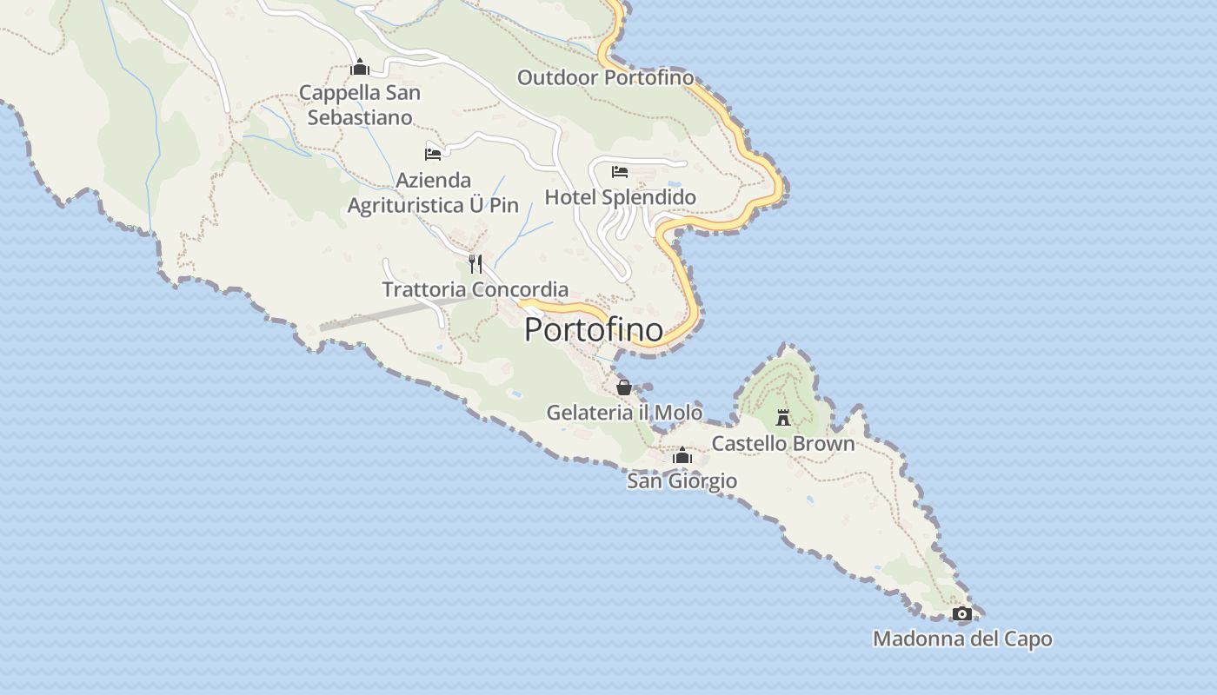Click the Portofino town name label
pyautogui.click(x=594, y=330)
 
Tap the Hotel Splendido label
pyautogui.click(x=620, y=197)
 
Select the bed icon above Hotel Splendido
pyautogui.click(x=620, y=171)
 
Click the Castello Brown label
pyautogui.click(x=783, y=443)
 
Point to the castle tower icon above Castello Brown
pyautogui.click(x=783, y=418)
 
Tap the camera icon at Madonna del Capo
pyautogui.click(x=961, y=614)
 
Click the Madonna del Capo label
pyautogui.click(x=962, y=639)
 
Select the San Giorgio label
pyautogui.click(x=682, y=480)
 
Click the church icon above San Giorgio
pyautogui.click(x=682, y=455)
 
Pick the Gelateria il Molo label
pyautogui.click(x=624, y=412)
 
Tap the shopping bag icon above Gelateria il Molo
pyautogui.click(x=624, y=387)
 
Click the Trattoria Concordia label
pyautogui.click(x=475, y=289)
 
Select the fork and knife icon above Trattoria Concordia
pyautogui.click(x=475, y=263)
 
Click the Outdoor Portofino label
pyautogui.click(x=606, y=77)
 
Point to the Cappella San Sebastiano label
pyautogui.click(x=360, y=104)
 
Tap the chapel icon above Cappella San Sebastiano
pyautogui.click(x=360, y=68)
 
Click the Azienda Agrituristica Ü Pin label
pyautogui.click(x=433, y=193)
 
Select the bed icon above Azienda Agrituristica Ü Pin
pyautogui.click(x=433, y=155)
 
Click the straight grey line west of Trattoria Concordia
pyautogui.click(x=374, y=316)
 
